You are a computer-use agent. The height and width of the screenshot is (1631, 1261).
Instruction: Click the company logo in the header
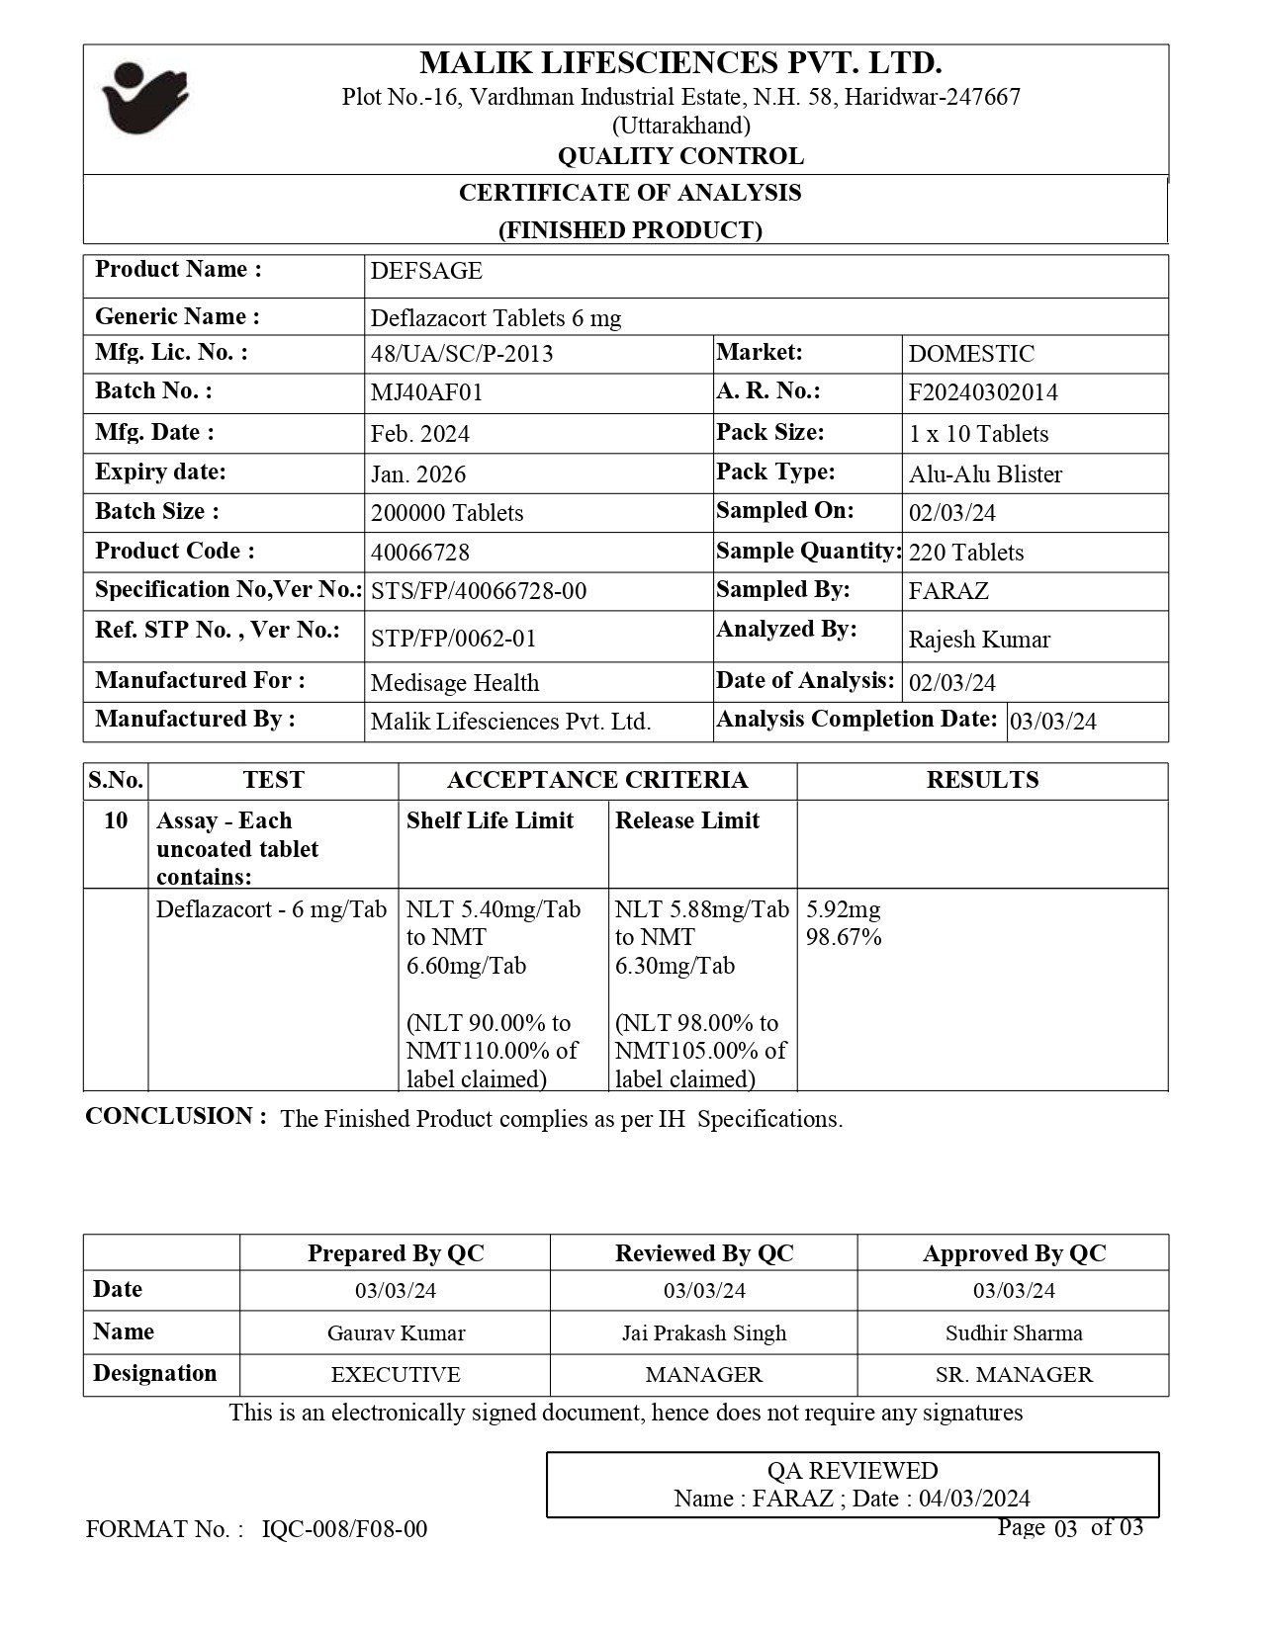pos(144,98)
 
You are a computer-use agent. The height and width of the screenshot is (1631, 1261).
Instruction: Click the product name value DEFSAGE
pos(426,272)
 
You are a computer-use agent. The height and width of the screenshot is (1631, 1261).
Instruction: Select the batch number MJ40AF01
pos(426,392)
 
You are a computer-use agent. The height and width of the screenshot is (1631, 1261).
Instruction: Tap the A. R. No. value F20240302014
pos(983,392)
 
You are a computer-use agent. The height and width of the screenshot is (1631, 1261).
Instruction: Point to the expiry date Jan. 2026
pos(417,474)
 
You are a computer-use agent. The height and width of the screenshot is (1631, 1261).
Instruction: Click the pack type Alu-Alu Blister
pos(985,474)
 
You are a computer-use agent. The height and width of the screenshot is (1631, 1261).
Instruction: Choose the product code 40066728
pos(420,552)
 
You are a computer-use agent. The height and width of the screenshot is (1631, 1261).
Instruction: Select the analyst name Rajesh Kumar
pos(979,640)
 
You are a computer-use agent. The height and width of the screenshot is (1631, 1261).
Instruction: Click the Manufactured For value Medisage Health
pos(455,683)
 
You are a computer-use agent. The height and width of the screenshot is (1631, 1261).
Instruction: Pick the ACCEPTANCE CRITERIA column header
pos(597,780)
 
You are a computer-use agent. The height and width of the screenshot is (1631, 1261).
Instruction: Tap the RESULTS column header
pos(982,780)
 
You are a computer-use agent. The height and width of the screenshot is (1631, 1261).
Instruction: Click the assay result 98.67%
pos(844,937)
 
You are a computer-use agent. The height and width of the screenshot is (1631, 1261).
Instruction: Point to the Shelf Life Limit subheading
pos(490,820)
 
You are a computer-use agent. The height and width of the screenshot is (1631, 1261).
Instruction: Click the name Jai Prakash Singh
pos(704,1332)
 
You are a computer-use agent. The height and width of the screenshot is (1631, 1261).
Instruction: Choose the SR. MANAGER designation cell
pos(1014,1375)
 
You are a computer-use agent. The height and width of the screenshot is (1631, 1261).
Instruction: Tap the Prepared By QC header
pos(396,1253)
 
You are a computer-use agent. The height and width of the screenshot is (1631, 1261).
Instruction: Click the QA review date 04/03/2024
pos(974,1499)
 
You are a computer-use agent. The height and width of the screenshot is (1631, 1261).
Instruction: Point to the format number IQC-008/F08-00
pos(345,1529)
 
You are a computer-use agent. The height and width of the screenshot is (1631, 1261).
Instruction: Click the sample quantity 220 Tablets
pos(966,553)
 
